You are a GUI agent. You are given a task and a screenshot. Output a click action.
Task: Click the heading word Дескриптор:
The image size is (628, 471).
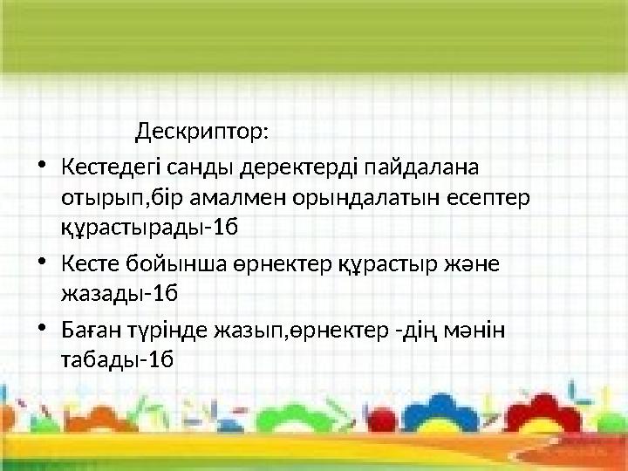click(x=202, y=133)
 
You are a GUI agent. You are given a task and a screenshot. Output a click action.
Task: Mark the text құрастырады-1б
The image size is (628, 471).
click(x=149, y=229)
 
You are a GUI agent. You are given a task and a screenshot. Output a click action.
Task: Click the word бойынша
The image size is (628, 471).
click(x=171, y=263)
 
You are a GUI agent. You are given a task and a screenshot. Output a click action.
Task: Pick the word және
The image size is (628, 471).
click(x=467, y=263)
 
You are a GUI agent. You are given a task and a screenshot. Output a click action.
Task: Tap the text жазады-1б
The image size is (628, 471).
click(x=119, y=294)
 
